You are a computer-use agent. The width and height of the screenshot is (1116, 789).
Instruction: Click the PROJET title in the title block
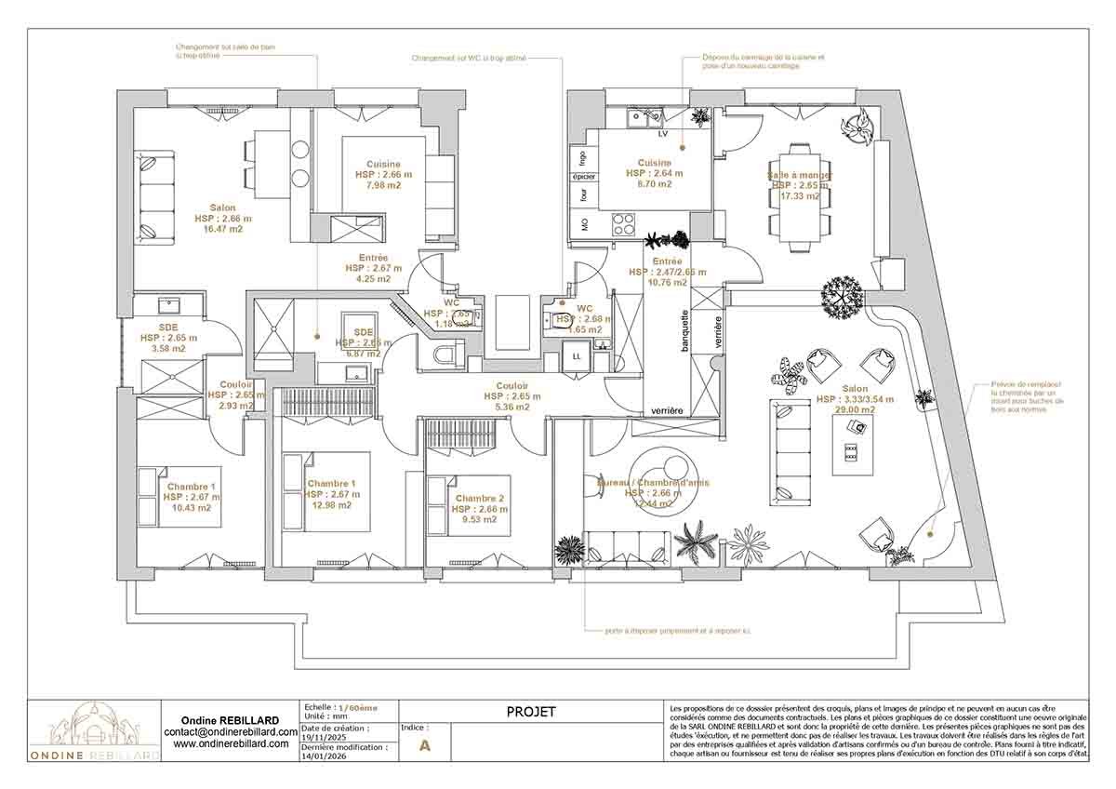[531, 712]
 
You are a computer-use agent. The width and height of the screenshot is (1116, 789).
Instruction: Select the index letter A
[426, 745]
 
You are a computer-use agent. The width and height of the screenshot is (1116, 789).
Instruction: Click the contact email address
[230, 732]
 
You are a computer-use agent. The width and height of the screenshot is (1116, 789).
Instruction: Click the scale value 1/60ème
[358, 707]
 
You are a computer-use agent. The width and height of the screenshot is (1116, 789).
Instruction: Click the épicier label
[583, 176]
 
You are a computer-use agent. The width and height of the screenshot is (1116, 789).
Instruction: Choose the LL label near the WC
[576, 357]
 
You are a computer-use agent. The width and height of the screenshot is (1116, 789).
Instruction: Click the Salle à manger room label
[799, 175]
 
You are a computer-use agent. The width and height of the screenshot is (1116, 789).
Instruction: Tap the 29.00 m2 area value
[855, 410]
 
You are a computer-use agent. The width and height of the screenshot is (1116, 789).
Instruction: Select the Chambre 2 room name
[481, 499]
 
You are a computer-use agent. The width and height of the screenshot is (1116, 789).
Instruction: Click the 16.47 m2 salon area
[222, 229]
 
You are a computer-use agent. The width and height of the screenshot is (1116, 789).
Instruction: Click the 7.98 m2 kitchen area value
[383, 184]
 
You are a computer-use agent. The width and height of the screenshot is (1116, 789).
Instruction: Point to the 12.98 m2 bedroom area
[331, 505]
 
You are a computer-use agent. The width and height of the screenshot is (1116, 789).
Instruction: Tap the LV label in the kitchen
[662, 134]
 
